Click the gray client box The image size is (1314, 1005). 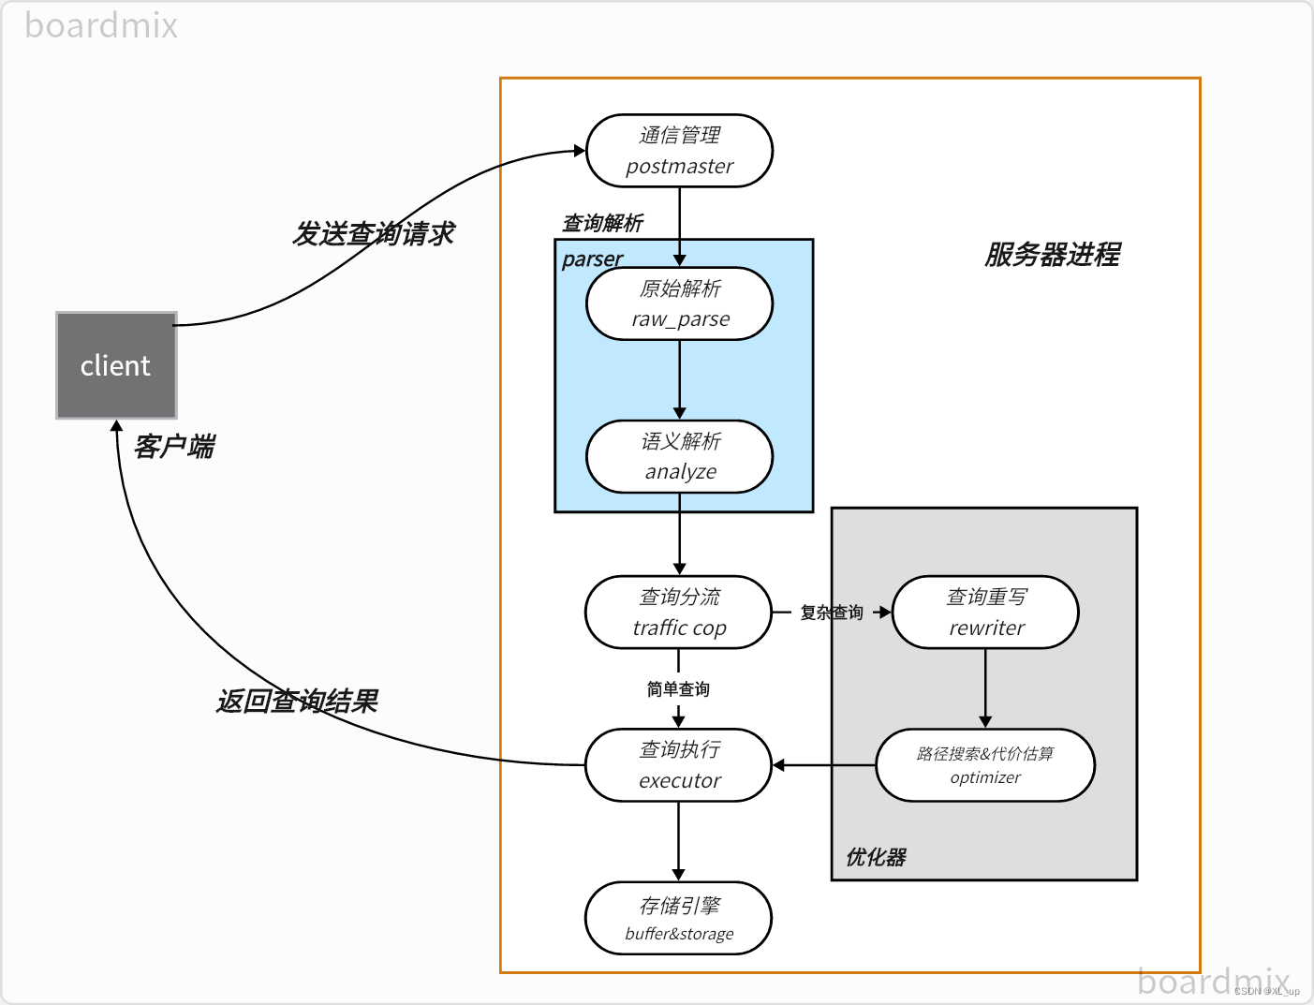(116, 365)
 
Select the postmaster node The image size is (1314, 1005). (679, 151)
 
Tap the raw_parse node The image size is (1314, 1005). (679, 303)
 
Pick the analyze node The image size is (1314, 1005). (679, 456)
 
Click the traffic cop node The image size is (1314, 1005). (678, 612)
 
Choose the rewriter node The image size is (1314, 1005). (985, 612)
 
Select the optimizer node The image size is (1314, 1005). (985, 765)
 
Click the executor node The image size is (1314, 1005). (678, 765)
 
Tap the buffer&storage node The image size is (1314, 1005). (678, 918)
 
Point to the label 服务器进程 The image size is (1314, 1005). (1052, 255)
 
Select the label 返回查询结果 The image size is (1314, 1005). (297, 701)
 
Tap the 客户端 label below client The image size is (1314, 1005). (174, 447)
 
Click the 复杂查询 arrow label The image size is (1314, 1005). (832, 613)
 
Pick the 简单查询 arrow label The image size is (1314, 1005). (678, 689)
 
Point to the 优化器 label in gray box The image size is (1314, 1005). (876, 857)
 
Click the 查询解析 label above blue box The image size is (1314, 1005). (602, 223)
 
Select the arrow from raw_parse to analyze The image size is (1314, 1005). (680, 379)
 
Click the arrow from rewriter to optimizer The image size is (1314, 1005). (985, 687)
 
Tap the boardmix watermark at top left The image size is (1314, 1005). (101, 26)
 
